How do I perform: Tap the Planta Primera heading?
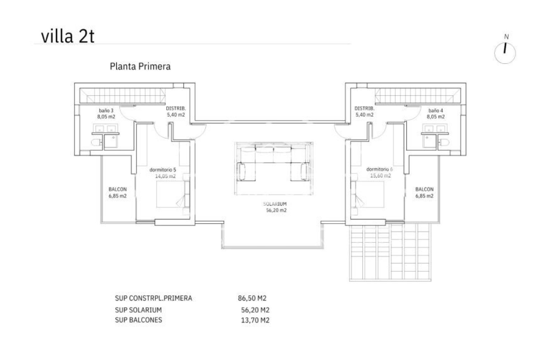pyautogui.click(x=140, y=67)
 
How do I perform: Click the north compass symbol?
pyautogui.click(x=505, y=53)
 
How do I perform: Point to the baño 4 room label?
pyautogui.click(x=436, y=111)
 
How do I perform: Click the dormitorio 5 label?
pyautogui.click(x=163, y=170)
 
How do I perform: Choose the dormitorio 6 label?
pyautogui.click(x=379, y=170)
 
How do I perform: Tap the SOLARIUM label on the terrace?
pyautogui.click(x=275, y=204)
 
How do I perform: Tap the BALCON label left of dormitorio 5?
pyautogui.click(x=118, y=190)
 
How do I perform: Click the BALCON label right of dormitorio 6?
pyautogui.click(x=424, y=190)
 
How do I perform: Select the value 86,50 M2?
pyautogui.click(x=252, y=298)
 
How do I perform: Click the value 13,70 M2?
pyautogui.click(x=255, y=320)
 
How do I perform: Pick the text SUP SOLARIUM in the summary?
pyautogui.click(x=138, y=310)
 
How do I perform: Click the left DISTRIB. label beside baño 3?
pyautogui.click(x=176, y=109)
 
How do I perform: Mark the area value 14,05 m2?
pyautogui.click(x=165, y=176)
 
